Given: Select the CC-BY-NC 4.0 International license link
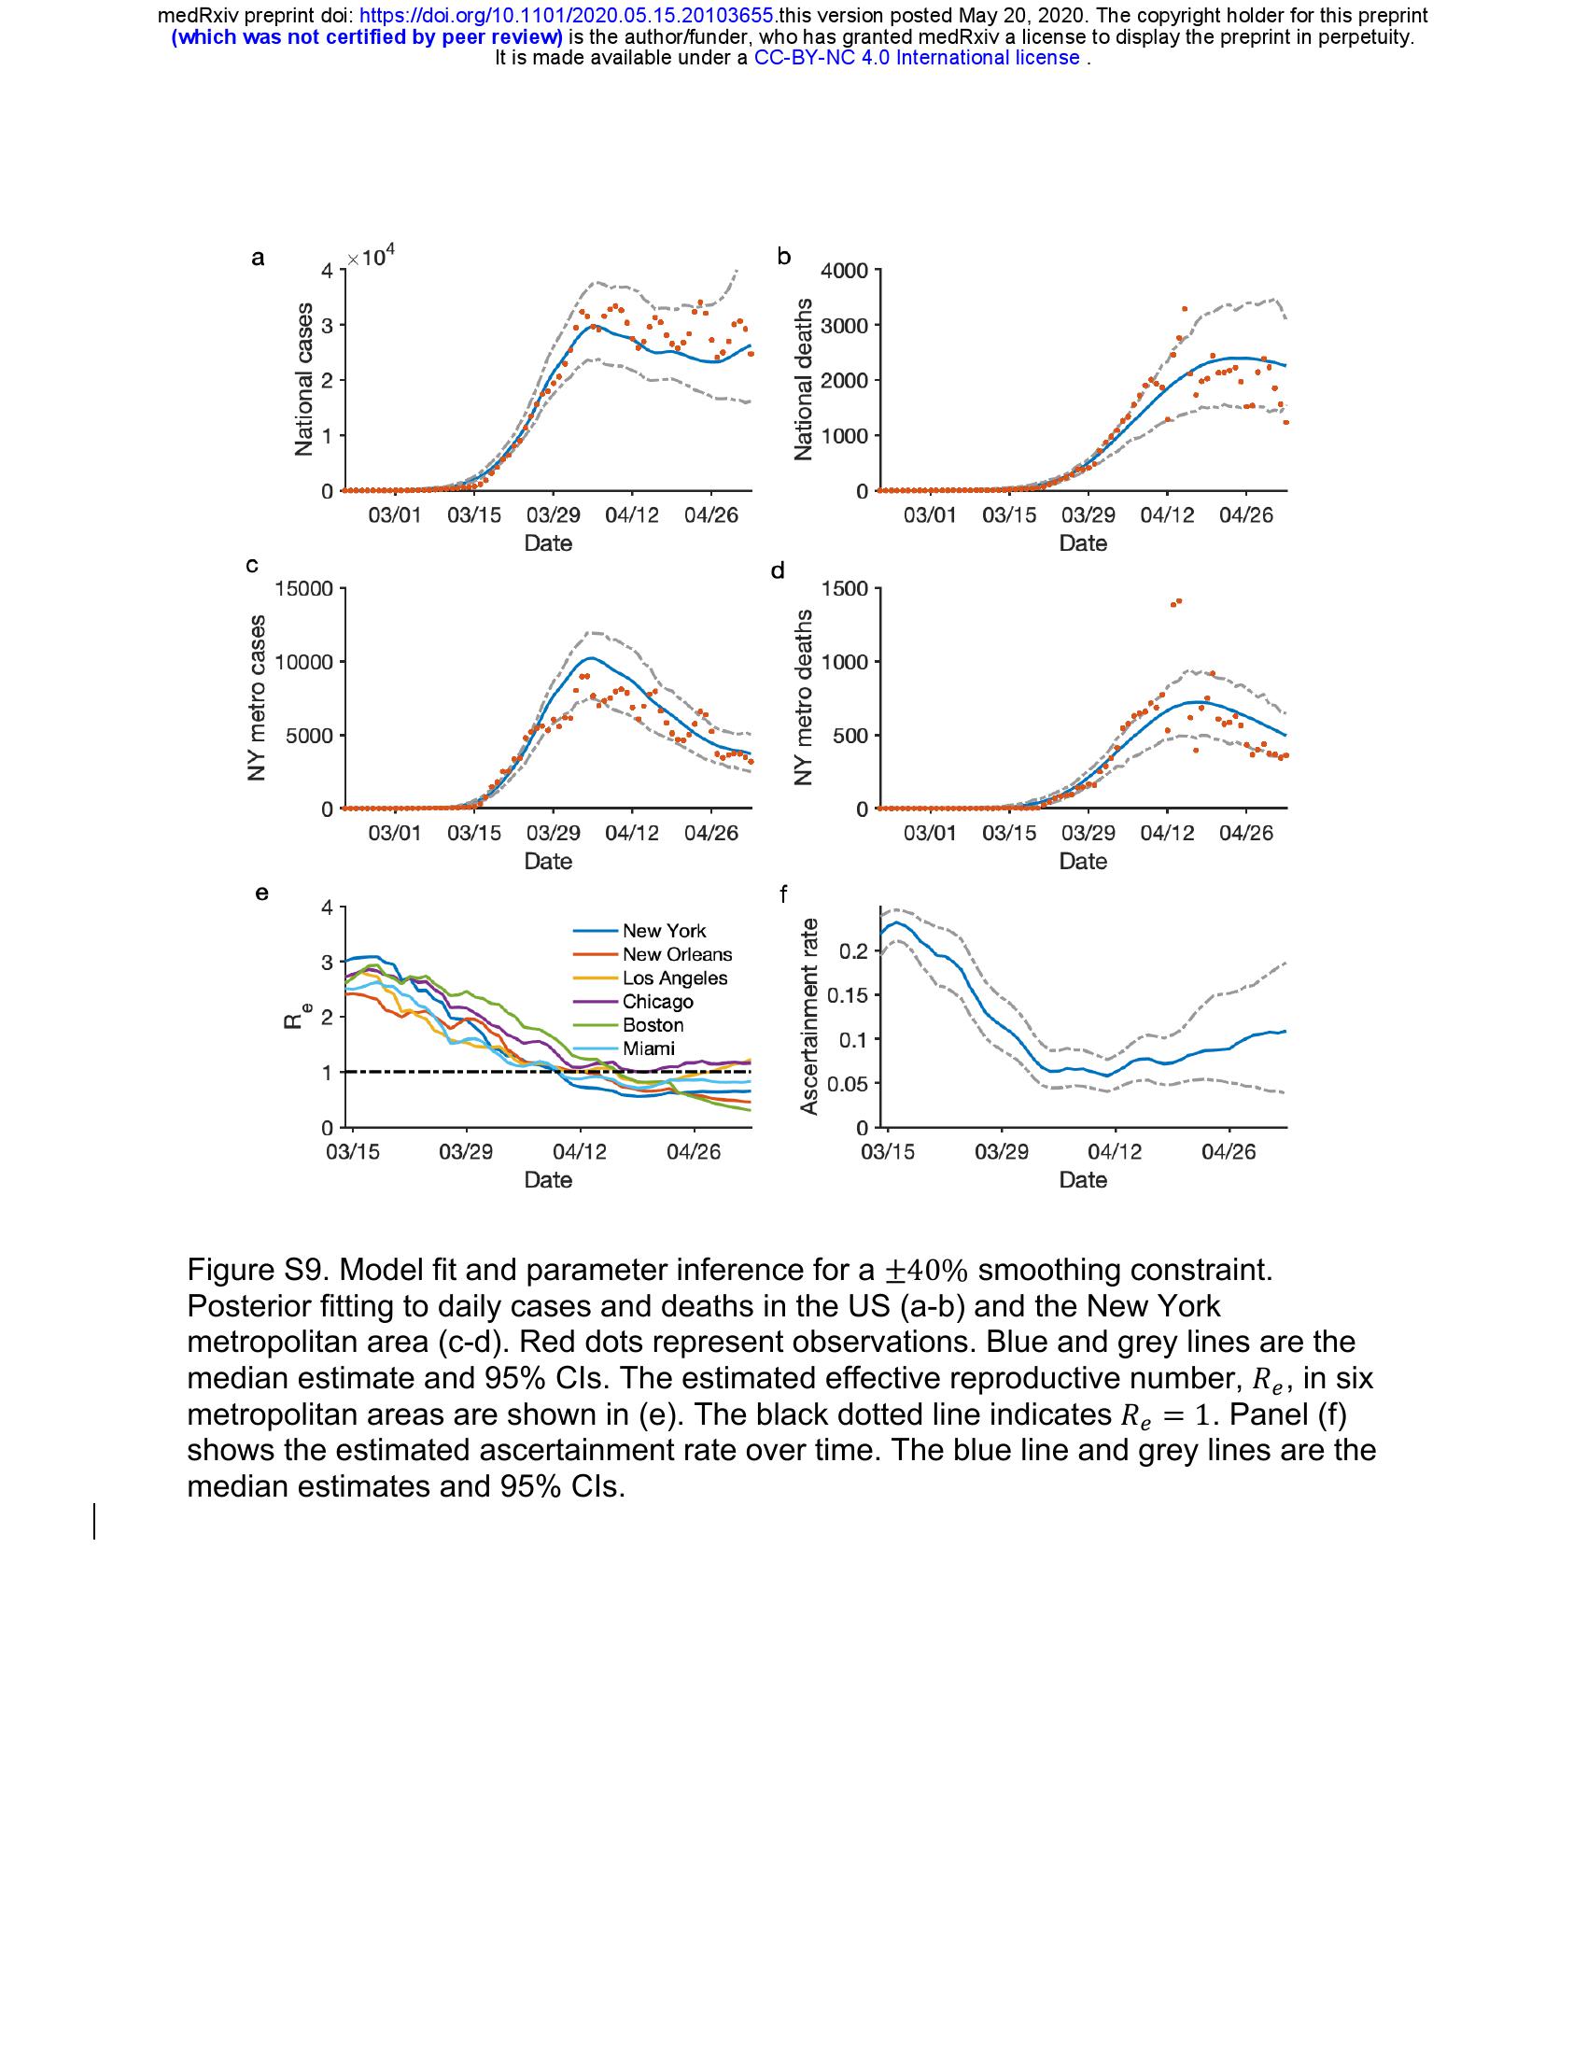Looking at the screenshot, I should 917,58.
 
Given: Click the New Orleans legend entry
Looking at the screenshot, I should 677,954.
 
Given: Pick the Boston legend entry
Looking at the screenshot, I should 653,1025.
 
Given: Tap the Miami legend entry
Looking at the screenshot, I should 648,1048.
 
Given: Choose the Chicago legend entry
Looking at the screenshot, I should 657,1002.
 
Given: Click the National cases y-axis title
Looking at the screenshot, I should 302,380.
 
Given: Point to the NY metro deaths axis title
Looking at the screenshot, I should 803,697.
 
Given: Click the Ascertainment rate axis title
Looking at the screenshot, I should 808,1017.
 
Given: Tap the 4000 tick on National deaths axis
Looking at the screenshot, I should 845,272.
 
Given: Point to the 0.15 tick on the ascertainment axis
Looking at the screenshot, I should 846,995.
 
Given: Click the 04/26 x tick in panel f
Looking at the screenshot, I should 1229,1152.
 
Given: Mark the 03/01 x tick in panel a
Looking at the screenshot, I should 395,515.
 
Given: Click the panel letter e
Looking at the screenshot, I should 261,893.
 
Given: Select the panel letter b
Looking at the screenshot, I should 784,257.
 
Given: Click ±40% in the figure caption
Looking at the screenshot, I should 926,1271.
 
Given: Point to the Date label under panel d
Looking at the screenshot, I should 1083,862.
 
